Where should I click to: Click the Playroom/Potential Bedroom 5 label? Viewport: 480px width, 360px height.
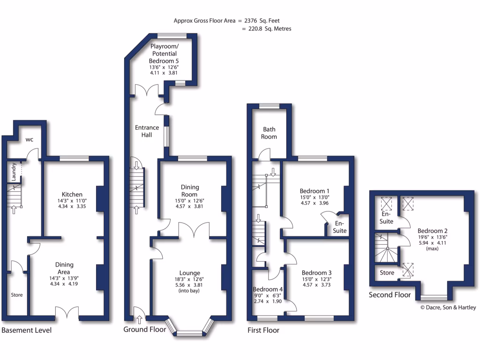click(164, 54)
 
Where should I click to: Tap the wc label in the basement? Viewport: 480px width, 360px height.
click(29, 139)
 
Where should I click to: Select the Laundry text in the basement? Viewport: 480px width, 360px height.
click(14, 172)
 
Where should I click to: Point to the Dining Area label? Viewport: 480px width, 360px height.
click(64, 268)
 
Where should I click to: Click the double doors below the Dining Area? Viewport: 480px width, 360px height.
click(66, 314)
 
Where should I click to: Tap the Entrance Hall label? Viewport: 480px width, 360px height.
click(147, 131)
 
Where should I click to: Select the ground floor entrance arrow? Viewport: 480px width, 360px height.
click(139, 320)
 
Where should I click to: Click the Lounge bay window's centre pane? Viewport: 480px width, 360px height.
click(190, 333)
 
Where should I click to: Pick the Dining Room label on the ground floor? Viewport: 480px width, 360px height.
click(189, 191)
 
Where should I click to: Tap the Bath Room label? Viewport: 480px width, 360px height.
click(270, 133)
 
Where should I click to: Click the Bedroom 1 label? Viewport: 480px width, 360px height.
click(315, 191)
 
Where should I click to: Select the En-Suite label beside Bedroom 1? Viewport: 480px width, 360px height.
click(339, 227)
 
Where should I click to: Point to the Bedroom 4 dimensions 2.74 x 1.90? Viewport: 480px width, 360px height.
click(268, 301)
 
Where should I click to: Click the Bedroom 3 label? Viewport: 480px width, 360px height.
click(316, 273)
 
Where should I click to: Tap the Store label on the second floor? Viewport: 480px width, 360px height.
click(387, 273)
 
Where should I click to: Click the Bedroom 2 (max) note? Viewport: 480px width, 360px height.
click(432, 248)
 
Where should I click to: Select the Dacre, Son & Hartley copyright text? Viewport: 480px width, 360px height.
click(448, 307)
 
